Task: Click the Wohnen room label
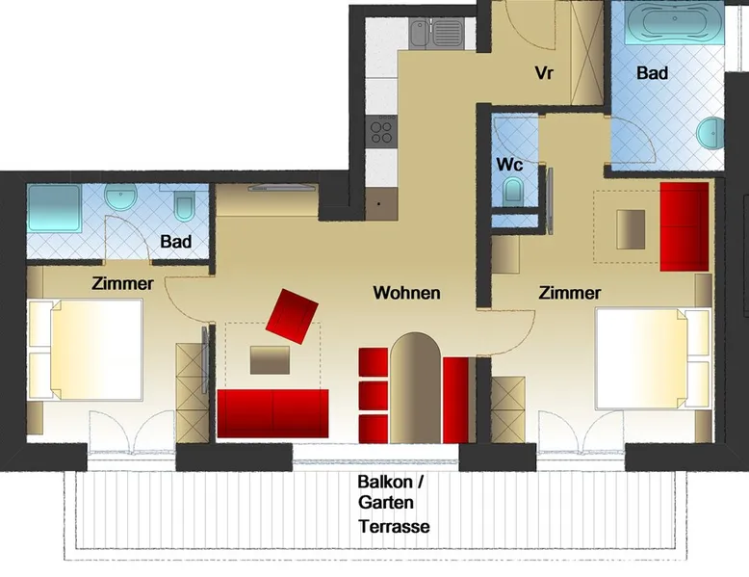click(x=406, y=293)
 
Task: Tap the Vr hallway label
click(x=544, y=73)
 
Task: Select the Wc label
click(x=509, y=165)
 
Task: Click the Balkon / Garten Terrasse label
click(x=394, y=504)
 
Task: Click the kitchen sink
click(x=436, y=33)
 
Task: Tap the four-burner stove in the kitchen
click(x=381, y=132)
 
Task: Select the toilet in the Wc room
click(x=512, y=191)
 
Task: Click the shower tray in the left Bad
click(x=54, y=208)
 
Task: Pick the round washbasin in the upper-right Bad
click(x=710, y=134)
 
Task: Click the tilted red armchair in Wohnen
click(x=292, y=316)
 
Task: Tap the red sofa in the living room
click(x=272, y=413)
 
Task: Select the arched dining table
click(x=415, y=387)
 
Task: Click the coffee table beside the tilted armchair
click(x=270, y=360)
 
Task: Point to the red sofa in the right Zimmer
click(x=684, y=226)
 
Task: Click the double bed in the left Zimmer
click(x=86, y=350)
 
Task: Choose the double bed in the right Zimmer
click(x=653, y=359)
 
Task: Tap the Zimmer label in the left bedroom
click(x=123, y=283)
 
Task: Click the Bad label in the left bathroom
click(x=176, y=242)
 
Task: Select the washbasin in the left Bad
click(x=121, y=197)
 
